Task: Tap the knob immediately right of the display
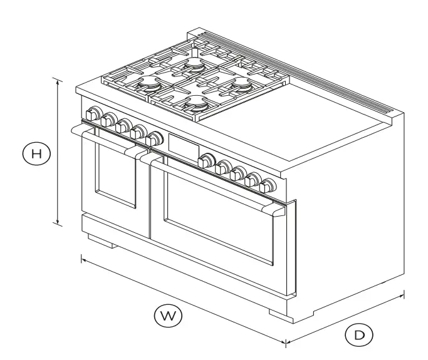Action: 206,160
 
